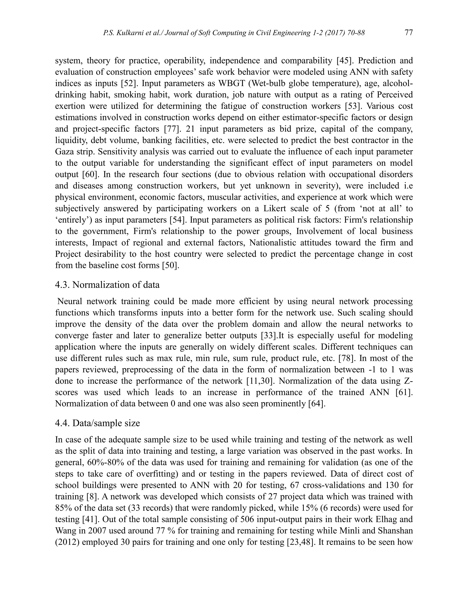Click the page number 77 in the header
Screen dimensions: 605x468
click(409, 33)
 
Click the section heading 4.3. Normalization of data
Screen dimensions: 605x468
click(107, 285)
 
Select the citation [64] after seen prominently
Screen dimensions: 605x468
click(317, 404)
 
